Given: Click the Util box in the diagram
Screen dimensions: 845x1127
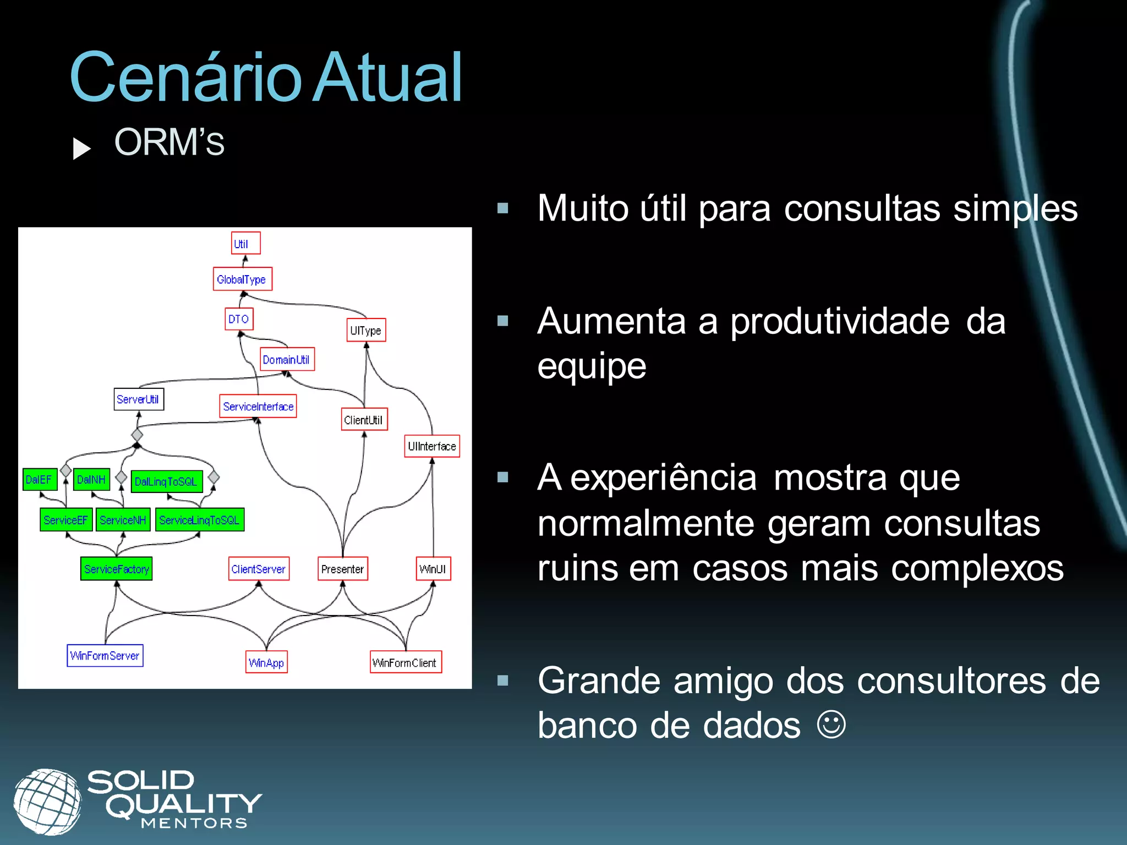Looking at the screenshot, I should [x=245, y=243].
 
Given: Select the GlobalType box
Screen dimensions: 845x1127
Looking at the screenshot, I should [x=242, y=279].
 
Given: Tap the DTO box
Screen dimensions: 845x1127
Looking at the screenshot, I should [x=239, y=319].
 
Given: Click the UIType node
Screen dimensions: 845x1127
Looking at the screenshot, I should [x=366, y=330].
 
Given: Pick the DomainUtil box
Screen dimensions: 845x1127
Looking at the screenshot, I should [x=287, y=359].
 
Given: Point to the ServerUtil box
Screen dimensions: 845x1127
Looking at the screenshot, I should [x=139, y=399].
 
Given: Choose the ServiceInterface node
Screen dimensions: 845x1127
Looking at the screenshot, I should [x=258, y=406].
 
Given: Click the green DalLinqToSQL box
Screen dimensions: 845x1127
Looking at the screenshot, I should [x=167, y=481].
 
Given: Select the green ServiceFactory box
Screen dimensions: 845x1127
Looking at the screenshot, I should [x=116, y=569].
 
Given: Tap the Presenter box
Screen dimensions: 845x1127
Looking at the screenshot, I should [x=343, y=569].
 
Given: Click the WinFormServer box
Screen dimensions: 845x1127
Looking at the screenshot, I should [x=105, y=655].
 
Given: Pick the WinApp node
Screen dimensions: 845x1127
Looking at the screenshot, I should [x=267, y=662].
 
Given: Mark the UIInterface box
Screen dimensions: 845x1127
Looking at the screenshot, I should [x=432, y=446].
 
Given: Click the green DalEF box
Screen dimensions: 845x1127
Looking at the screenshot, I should [x=40, y=479].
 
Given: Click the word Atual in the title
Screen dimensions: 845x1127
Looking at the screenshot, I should [x=387, y=78].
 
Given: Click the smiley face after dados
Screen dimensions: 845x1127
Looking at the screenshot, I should [x=830, y=725].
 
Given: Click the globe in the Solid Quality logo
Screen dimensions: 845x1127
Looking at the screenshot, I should [x=47, y=801].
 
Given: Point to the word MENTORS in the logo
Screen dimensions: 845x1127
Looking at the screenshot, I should [x=194, y=824].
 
